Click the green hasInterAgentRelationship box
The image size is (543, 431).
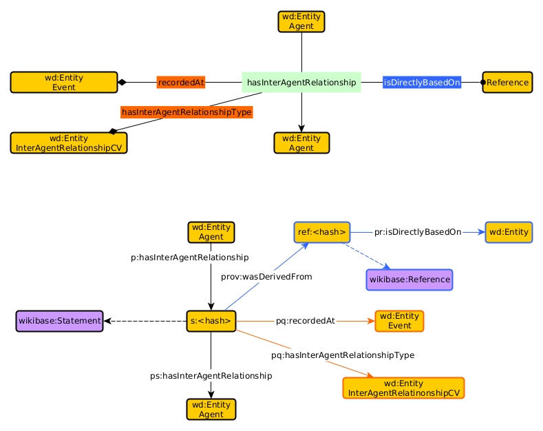pos(301,83)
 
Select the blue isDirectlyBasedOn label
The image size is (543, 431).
pos(422,83)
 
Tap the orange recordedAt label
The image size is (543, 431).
pos(181,83)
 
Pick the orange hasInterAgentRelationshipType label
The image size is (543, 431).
pos(187,112)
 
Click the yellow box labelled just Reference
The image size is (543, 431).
pos(507,83)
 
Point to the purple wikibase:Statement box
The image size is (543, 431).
pos(60,321)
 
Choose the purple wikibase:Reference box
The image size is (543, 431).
pos(409,280)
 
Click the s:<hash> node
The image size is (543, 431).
pos(211,321)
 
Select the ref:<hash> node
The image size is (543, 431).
pos(322,232)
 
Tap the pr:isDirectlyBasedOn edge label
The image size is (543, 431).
pos(418,232)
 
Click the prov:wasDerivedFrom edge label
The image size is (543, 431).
pos(266,277)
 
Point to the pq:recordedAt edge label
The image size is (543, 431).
pos(306,321)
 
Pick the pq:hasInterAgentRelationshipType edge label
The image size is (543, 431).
pos(343,355)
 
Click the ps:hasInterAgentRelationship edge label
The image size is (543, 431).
pos(211,376)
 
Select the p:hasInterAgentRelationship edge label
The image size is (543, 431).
pos(190,257)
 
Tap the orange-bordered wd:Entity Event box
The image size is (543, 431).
pos(399,321)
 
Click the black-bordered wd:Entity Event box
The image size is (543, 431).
pos(64,83)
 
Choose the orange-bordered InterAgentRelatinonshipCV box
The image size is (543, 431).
pos(404,388)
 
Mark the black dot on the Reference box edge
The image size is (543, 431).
pos(483,83)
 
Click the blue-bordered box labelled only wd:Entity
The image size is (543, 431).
pos(509,232)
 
